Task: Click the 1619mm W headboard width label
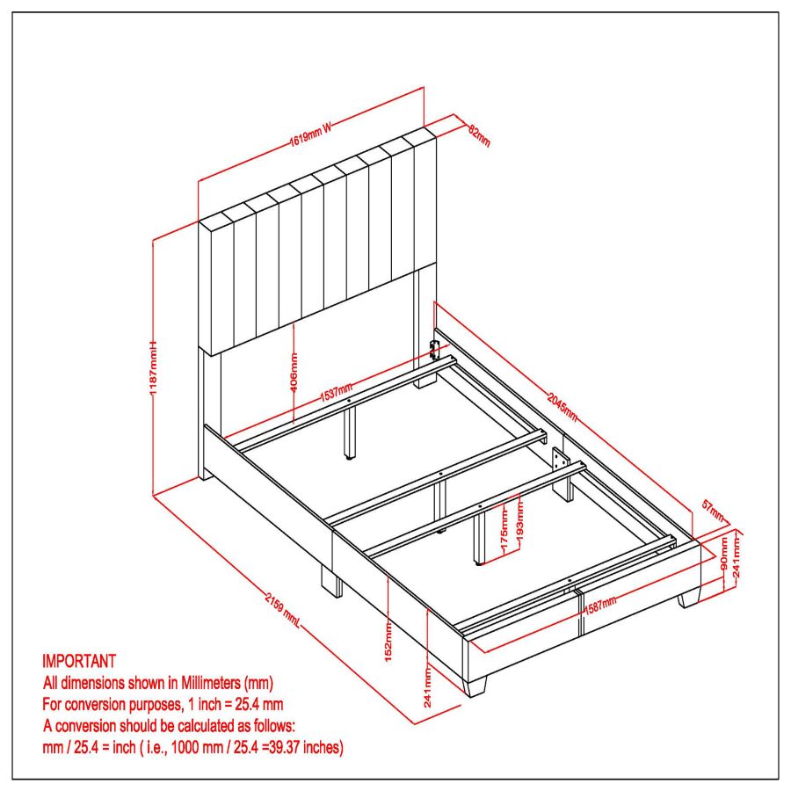click(310, 134)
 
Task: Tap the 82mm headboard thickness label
click(479, 135)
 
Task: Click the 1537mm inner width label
click(337, 392)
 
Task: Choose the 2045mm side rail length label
click(562, 406)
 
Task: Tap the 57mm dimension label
click(713, 511)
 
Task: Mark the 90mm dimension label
click(725, 554)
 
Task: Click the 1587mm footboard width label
click(599, 605)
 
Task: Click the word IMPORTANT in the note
click(79, 661)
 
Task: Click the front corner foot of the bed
click(475, 685)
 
